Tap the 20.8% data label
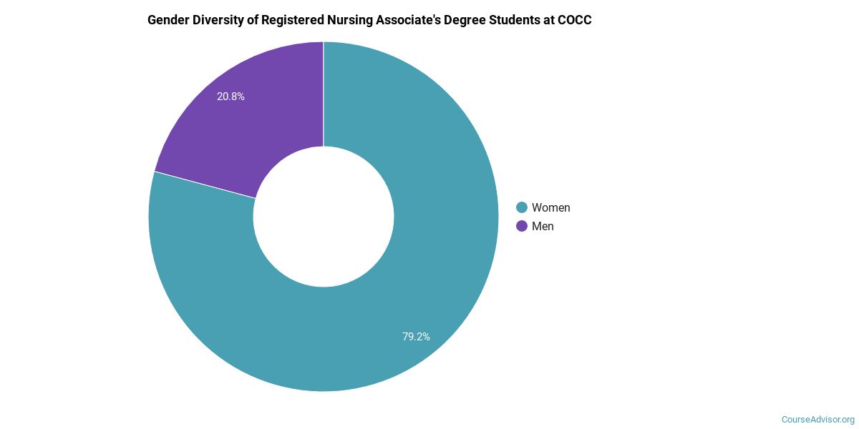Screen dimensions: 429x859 click(x=230, y=97)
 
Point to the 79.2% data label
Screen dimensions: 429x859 click(x=416, y=336)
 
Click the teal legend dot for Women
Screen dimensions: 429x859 click(x=522, y=207)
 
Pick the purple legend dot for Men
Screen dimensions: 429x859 click(x=522, y=226)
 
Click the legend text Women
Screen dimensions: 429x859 click(x=550, y=207)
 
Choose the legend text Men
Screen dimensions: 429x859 click(x=543, y=226)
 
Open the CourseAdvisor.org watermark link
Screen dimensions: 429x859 click(x=817, y=419)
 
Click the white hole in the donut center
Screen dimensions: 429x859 click(x=324, y=217)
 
